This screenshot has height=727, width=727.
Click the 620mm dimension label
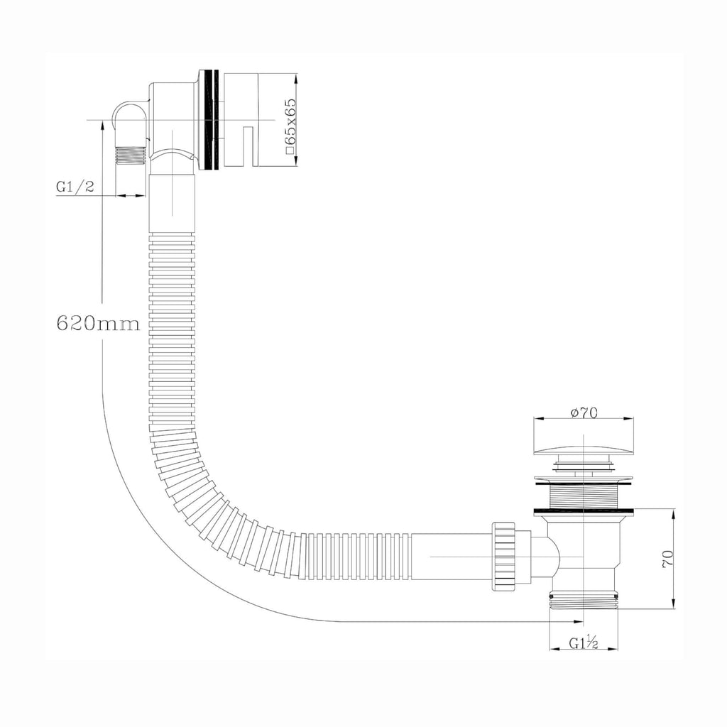point(98,323)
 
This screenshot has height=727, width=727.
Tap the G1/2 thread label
point(75,187)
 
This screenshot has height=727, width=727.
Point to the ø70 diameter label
point(584,412)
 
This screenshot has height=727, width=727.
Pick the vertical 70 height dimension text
point(667,559)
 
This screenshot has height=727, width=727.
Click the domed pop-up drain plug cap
point(584,449)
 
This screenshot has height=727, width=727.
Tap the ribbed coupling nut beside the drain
point(503,556)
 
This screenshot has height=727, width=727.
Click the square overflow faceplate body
point(241,119)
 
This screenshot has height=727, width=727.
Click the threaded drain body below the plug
point(584,496)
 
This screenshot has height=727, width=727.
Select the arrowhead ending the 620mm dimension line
point(578,621)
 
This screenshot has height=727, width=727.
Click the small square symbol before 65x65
point(290,150)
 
